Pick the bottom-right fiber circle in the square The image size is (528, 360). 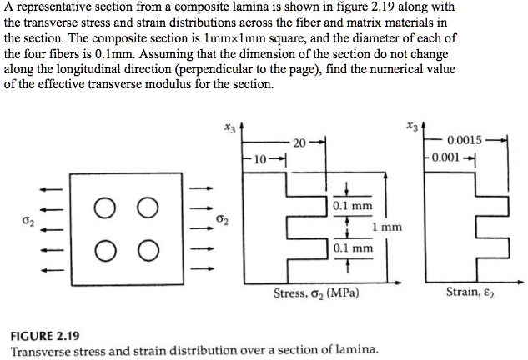(x=146, y=248)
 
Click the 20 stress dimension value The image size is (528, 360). (x=299, y=141)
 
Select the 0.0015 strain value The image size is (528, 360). (x=464, y=139)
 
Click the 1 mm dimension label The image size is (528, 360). (x=386, y=227)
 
